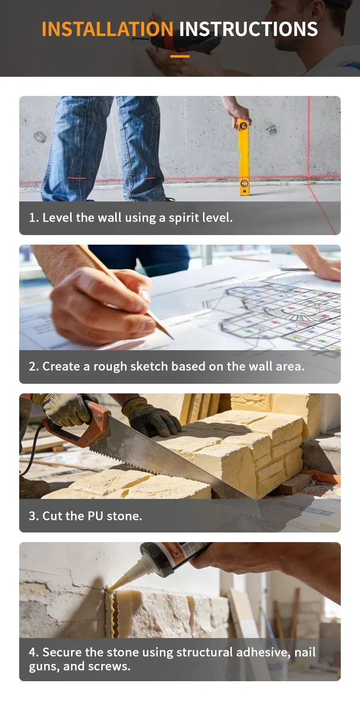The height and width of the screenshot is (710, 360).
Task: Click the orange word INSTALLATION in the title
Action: pos(108,29)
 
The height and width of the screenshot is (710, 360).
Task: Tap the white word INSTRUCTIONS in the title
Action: pos(248,29)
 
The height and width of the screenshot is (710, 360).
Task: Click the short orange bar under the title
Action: pos(180,56)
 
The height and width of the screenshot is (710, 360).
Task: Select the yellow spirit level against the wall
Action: pos(243,156)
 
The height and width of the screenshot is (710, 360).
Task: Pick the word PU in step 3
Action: pos(96,516)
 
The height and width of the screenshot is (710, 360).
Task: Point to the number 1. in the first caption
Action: pos(34,218)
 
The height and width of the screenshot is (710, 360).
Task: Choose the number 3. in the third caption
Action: pos(34,516)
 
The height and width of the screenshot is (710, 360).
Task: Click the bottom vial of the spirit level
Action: pos(244,183)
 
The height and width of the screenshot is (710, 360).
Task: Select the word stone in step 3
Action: pos(124,516)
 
